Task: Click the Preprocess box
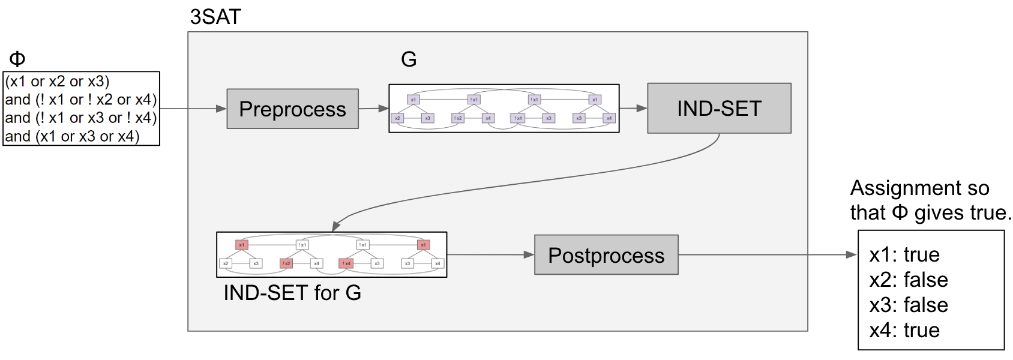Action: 292,109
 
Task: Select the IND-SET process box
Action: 719,108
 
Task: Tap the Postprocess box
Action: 606,255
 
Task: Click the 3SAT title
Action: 215,17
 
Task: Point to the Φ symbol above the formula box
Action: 17,59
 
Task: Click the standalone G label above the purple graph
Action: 409,59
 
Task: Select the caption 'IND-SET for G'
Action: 292,293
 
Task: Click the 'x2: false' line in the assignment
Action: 909,280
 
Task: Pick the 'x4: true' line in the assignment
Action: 904,330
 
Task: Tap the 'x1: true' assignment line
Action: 904,254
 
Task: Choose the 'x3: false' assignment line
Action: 909,305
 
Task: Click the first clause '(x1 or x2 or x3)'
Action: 58,81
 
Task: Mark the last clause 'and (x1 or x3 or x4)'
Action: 72,136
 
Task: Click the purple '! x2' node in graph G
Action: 458,118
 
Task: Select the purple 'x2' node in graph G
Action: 397,118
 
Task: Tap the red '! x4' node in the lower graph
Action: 346,263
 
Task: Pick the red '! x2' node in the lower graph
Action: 286,263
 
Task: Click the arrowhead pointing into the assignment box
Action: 852,255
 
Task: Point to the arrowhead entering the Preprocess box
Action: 221,109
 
